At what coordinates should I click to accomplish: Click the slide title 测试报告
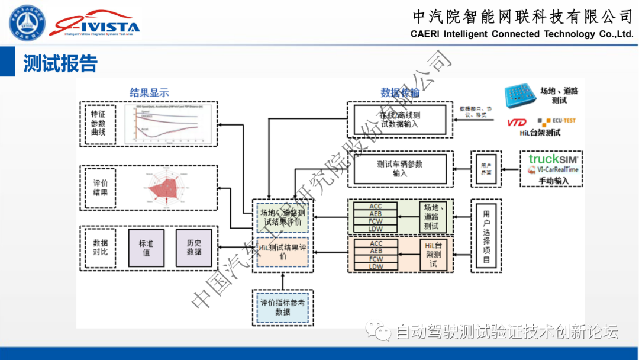(x=60, y=63)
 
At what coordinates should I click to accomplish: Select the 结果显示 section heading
(x=150, y=92)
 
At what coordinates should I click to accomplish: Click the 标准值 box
(x=146, y=247)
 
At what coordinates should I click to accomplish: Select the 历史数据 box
(x=193, y=247)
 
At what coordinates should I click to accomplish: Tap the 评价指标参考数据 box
(x=282, y=307)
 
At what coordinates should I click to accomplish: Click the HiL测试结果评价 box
(x=282, y=252)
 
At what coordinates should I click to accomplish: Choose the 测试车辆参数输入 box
(x=399, y=168)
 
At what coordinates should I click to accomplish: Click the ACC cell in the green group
(x=375, y=207)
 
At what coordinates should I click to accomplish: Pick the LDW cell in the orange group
(x=375, y=266)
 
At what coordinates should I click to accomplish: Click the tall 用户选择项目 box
(x=486, y=236)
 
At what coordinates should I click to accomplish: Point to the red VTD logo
(x=517, y=122)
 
